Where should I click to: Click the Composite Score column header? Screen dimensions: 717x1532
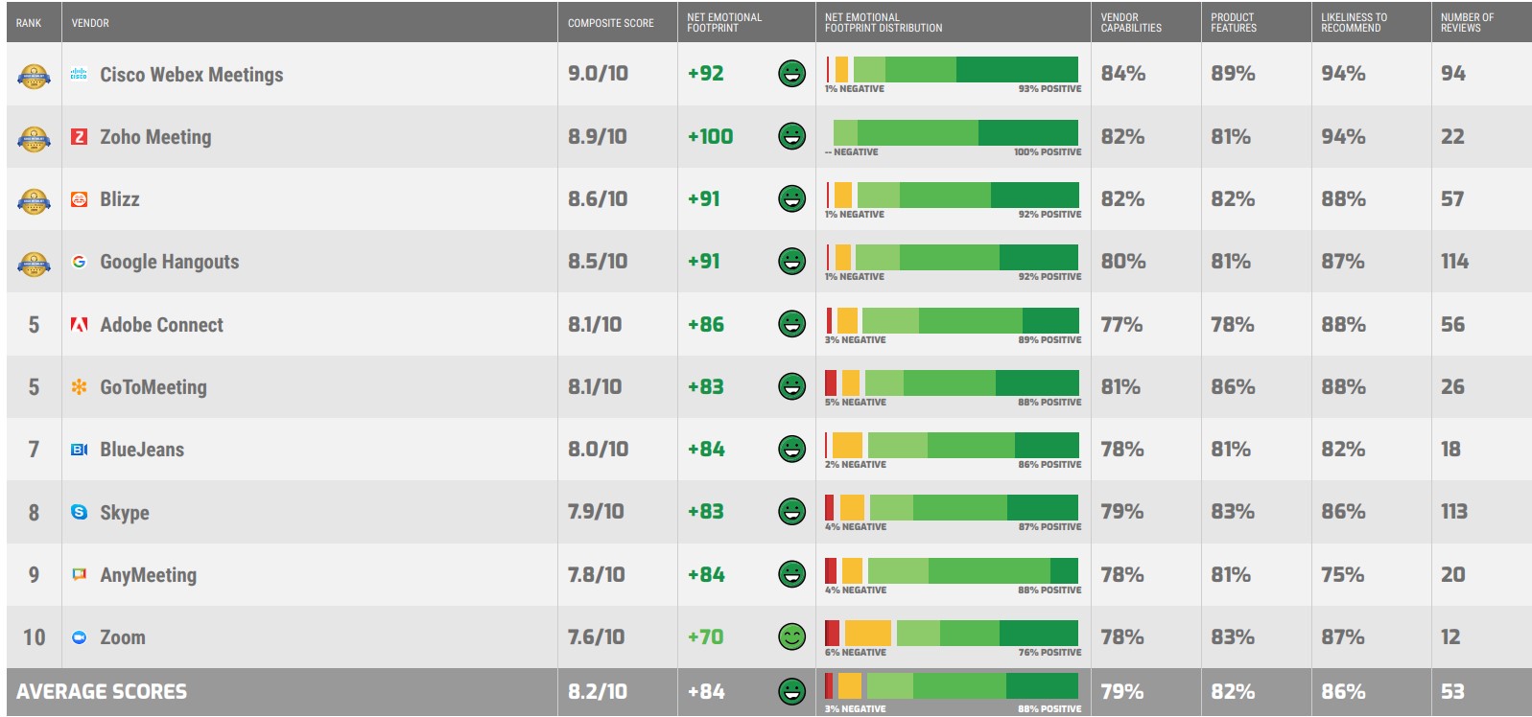click(610, 23)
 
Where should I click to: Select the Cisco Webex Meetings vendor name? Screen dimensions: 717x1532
click(191, 75)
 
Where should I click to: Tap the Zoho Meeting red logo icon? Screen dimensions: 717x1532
click(80, 137)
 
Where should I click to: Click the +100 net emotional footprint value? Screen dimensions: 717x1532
click(710, 137)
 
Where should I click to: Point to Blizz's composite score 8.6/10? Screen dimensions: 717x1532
click(597, 199)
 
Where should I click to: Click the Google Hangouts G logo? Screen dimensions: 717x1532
click(80, 262)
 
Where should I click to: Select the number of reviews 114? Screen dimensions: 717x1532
click(1454, 262)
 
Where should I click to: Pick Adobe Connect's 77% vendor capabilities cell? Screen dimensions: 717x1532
click(1121, 325)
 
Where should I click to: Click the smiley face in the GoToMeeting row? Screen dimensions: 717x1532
click(791, 386)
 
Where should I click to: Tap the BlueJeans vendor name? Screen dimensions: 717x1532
click(142, 450)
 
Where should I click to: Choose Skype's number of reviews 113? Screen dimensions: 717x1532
click(1453, 512)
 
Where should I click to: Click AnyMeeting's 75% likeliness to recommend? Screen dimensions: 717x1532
click(1342, 575)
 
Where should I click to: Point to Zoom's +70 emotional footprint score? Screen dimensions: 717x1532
click(705, 637)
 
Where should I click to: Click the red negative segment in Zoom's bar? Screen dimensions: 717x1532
click(832, 633)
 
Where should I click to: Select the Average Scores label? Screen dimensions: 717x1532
click(102, 692)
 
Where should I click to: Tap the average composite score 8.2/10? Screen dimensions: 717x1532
click(597, 692)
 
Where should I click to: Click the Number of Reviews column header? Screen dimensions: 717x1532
click(1467, 23)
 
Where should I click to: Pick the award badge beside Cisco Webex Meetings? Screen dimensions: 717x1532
click(34, 76)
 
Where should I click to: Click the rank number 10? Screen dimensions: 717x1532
click(35, 637)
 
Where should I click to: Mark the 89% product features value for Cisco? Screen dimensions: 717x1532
click(1233, 74)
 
